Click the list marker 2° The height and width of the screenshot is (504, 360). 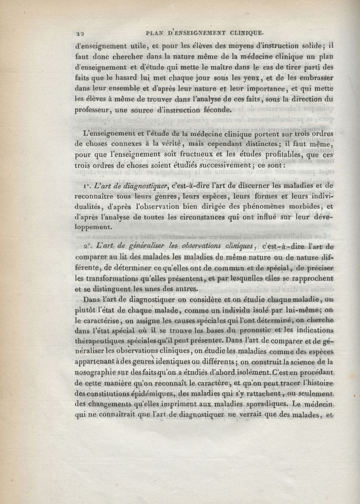(88, 247)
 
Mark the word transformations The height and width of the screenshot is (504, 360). (111, 279)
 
